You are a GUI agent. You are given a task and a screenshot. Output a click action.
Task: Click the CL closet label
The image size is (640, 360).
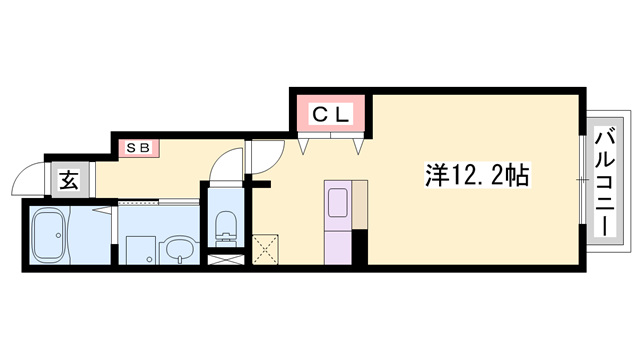(332, 116)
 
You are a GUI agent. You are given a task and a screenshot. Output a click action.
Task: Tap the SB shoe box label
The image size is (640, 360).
(137, 147)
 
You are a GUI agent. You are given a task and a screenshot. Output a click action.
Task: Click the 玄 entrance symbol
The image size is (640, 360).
(68, 180)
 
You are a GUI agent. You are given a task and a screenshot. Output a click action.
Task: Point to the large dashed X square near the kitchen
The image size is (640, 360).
(267, 247)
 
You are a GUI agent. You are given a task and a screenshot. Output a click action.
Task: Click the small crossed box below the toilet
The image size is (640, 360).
(225, 259)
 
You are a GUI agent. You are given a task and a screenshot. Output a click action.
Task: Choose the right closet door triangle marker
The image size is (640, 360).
(358, 147)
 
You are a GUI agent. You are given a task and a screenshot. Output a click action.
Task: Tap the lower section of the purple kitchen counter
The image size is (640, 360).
(336, 246)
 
